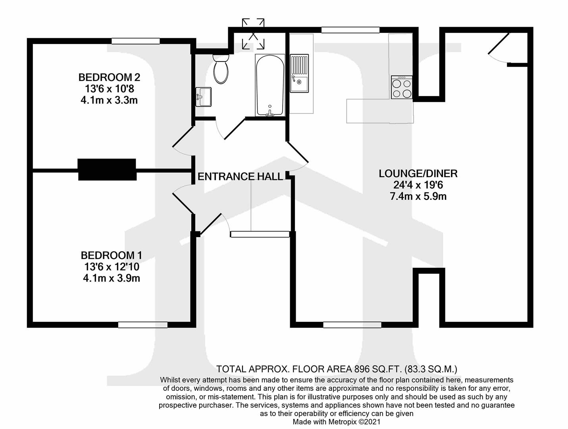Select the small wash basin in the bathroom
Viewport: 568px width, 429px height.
[x=204, y=97]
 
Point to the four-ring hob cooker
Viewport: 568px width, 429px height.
[x=402, y=88]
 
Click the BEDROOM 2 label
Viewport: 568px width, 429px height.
[x=109, y=77]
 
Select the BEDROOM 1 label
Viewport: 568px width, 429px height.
[x=111, y=255]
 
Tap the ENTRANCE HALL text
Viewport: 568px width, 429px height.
[x=240, y=176]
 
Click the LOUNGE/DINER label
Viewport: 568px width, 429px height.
[x=418, y=174]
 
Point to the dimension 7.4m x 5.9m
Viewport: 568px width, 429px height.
[x=418, y=196]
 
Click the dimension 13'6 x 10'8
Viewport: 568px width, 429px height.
[x=109, y=89]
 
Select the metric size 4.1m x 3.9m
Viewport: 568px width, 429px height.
[x=111, y=278]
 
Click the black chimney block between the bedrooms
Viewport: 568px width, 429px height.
[x=107, y=170]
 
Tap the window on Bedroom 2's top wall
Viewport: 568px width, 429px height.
[x=135, y=41]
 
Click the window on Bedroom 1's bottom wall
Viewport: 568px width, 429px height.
[x=143, y=325]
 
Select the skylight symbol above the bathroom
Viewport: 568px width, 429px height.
[x=253, y=34]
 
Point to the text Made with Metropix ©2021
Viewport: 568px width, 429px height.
[x=336, y=422]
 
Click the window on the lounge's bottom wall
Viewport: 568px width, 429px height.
[x=352, y=325]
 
